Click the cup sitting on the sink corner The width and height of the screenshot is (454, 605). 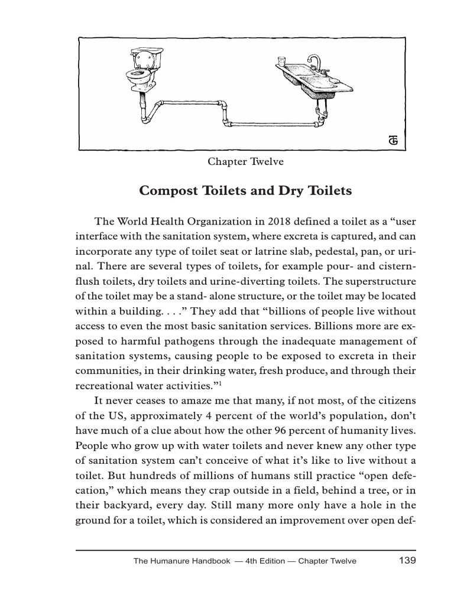(x=281, y=61)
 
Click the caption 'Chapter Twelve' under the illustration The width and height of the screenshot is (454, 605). (x=238, y=161)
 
